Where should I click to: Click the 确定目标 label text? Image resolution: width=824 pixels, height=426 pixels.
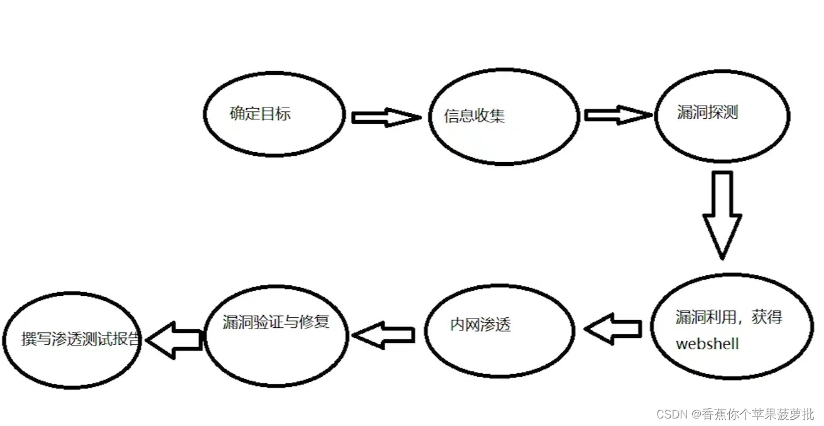coord(260,114)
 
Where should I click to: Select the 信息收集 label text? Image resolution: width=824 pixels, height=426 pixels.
coord(474,116)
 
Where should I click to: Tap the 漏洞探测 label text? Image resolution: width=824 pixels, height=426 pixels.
coord(707,113)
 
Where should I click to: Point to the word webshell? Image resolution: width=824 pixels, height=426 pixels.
coord(707,344)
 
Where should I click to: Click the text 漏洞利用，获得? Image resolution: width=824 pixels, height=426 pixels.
coord(729,317)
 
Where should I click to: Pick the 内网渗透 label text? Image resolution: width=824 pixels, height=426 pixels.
coord(480,325)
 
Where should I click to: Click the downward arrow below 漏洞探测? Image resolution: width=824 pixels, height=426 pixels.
coord(722,214)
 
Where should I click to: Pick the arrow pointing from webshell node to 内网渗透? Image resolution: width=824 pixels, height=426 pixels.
coord(612,329)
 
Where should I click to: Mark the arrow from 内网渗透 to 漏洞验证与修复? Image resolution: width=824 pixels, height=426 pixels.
coord(383,335)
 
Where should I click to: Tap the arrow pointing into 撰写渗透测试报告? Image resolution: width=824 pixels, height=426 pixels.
coord(173,340)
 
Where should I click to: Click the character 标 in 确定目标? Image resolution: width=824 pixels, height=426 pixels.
coord(283,114)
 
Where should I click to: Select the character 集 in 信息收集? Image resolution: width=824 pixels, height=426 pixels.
coord(497,116)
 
